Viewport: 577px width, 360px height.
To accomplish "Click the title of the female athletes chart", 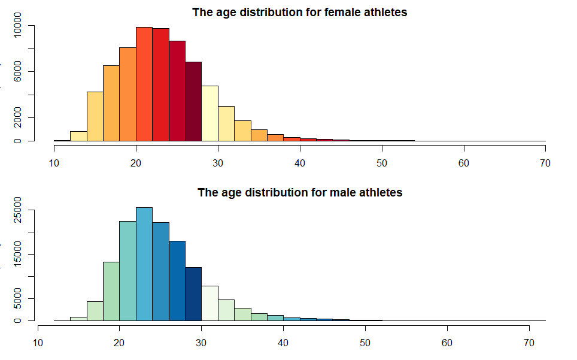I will [299, 12].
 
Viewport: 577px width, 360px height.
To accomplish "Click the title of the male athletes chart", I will [299, 193].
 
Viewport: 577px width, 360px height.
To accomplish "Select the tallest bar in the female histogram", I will [144, 84].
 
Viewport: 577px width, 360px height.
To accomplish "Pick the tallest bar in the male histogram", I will [144, 264].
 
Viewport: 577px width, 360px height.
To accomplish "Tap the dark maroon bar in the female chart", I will [193, 102].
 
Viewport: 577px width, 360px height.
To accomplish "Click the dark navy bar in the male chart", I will [193, 294].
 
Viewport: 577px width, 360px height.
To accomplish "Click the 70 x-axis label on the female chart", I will [545, 163].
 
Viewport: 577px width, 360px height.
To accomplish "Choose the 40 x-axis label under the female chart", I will [299, 163].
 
